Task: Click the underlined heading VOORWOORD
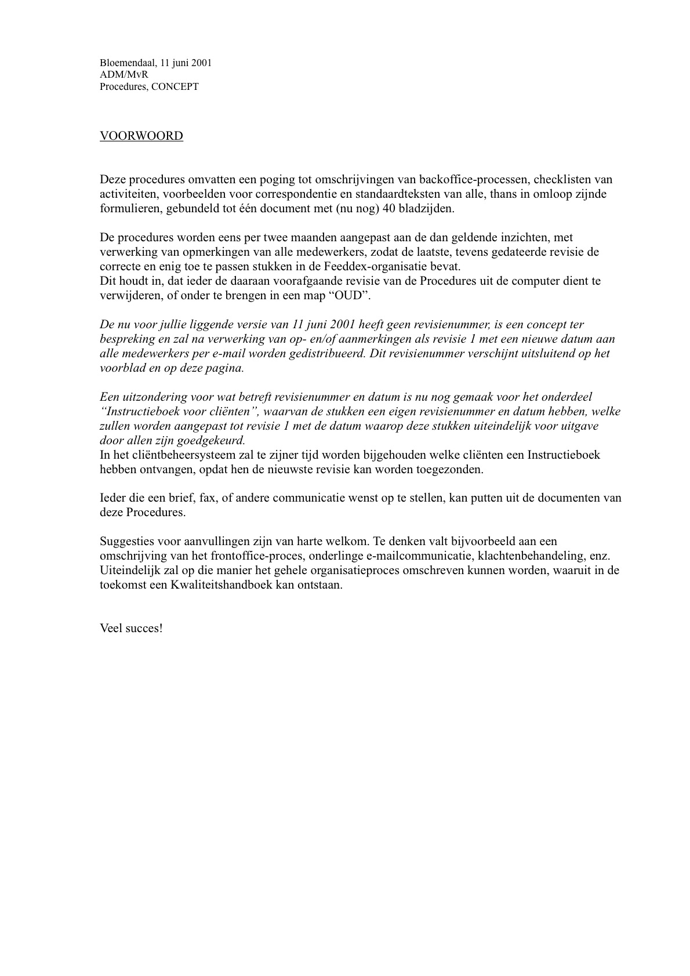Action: (141, 136)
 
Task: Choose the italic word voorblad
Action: (122, 368)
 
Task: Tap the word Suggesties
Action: (125, 542)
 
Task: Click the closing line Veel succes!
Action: (131, 629)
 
